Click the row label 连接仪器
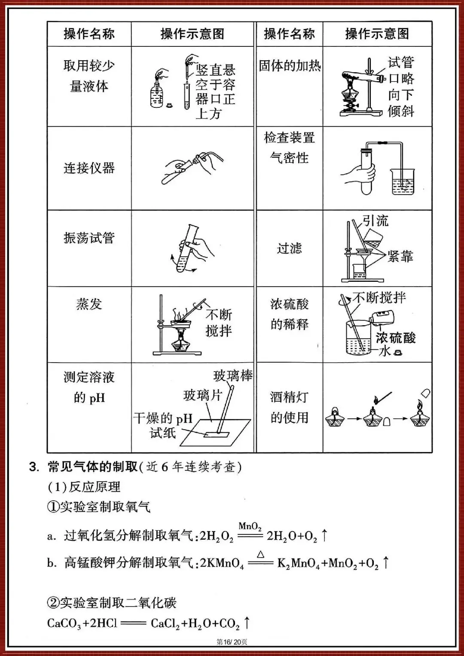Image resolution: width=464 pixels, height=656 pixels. coord(89,168)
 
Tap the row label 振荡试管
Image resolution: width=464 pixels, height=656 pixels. coord(89,238)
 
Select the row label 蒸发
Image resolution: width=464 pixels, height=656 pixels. coord(89,304)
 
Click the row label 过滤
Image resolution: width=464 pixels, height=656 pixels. coord(289,248)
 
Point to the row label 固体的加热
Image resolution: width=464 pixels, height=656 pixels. coord(290,66)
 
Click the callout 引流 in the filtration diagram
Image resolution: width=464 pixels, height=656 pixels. coord(375,221)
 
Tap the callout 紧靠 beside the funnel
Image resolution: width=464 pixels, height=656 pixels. coord(400,256)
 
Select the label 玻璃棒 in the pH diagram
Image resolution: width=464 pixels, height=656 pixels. coord(232,375)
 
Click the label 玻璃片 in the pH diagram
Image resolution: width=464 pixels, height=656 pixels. coord(202,395)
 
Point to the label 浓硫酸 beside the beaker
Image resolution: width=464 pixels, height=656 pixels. coord(396,338)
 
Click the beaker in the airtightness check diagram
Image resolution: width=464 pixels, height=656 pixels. coord(403,182)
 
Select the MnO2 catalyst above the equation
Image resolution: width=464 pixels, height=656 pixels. coord(250,526)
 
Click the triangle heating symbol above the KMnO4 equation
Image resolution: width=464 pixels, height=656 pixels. coord(261,555)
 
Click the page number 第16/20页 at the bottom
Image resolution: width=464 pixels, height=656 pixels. coord(232,642)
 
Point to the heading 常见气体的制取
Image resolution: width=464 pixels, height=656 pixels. coord(92,467)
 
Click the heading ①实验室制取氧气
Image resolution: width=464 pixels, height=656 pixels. coord(99,507)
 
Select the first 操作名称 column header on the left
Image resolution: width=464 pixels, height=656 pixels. coord(89,34)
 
